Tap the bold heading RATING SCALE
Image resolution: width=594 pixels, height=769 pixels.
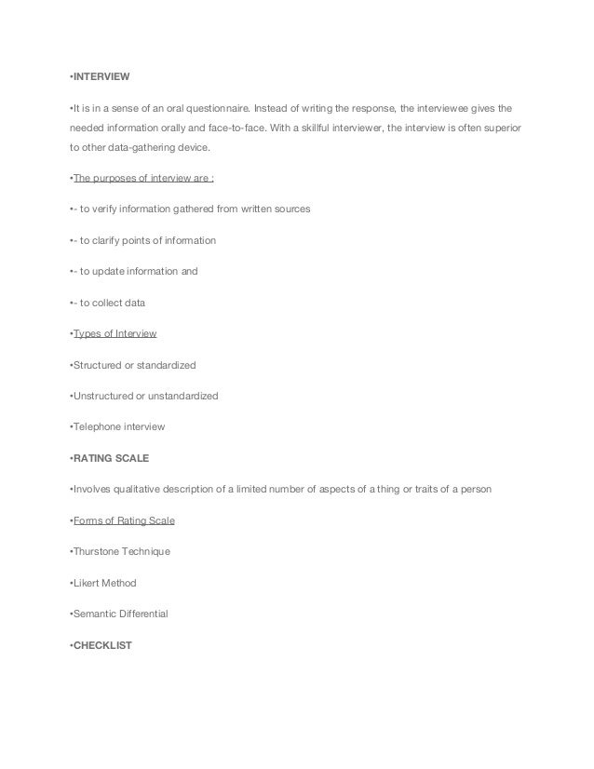coord(111,457)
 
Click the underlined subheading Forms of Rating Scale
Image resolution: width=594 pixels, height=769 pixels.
coord(124,519)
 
